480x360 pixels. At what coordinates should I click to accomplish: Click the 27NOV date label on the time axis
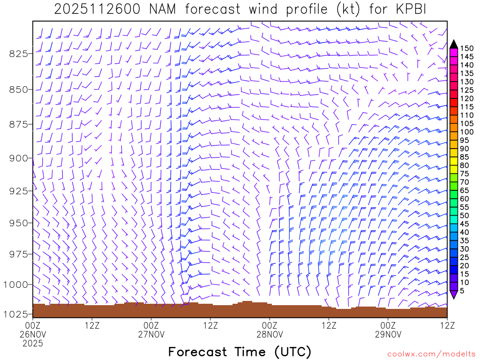pos(151,334)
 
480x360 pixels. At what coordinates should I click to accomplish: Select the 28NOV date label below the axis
pos(270,334)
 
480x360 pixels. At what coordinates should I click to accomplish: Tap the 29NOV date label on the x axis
pos(388,334)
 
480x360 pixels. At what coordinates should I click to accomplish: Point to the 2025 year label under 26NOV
pos(33,343)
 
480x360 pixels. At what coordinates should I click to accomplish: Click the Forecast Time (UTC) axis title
pos(240,352)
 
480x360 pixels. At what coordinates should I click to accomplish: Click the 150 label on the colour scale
pos(466,48)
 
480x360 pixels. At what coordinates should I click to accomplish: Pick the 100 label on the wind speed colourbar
pos(466,132)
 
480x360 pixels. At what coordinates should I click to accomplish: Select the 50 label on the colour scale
pos(464,216)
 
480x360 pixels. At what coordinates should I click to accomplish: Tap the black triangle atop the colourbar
pos(453,44)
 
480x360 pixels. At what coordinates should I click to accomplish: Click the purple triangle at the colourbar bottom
pos(453,295)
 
